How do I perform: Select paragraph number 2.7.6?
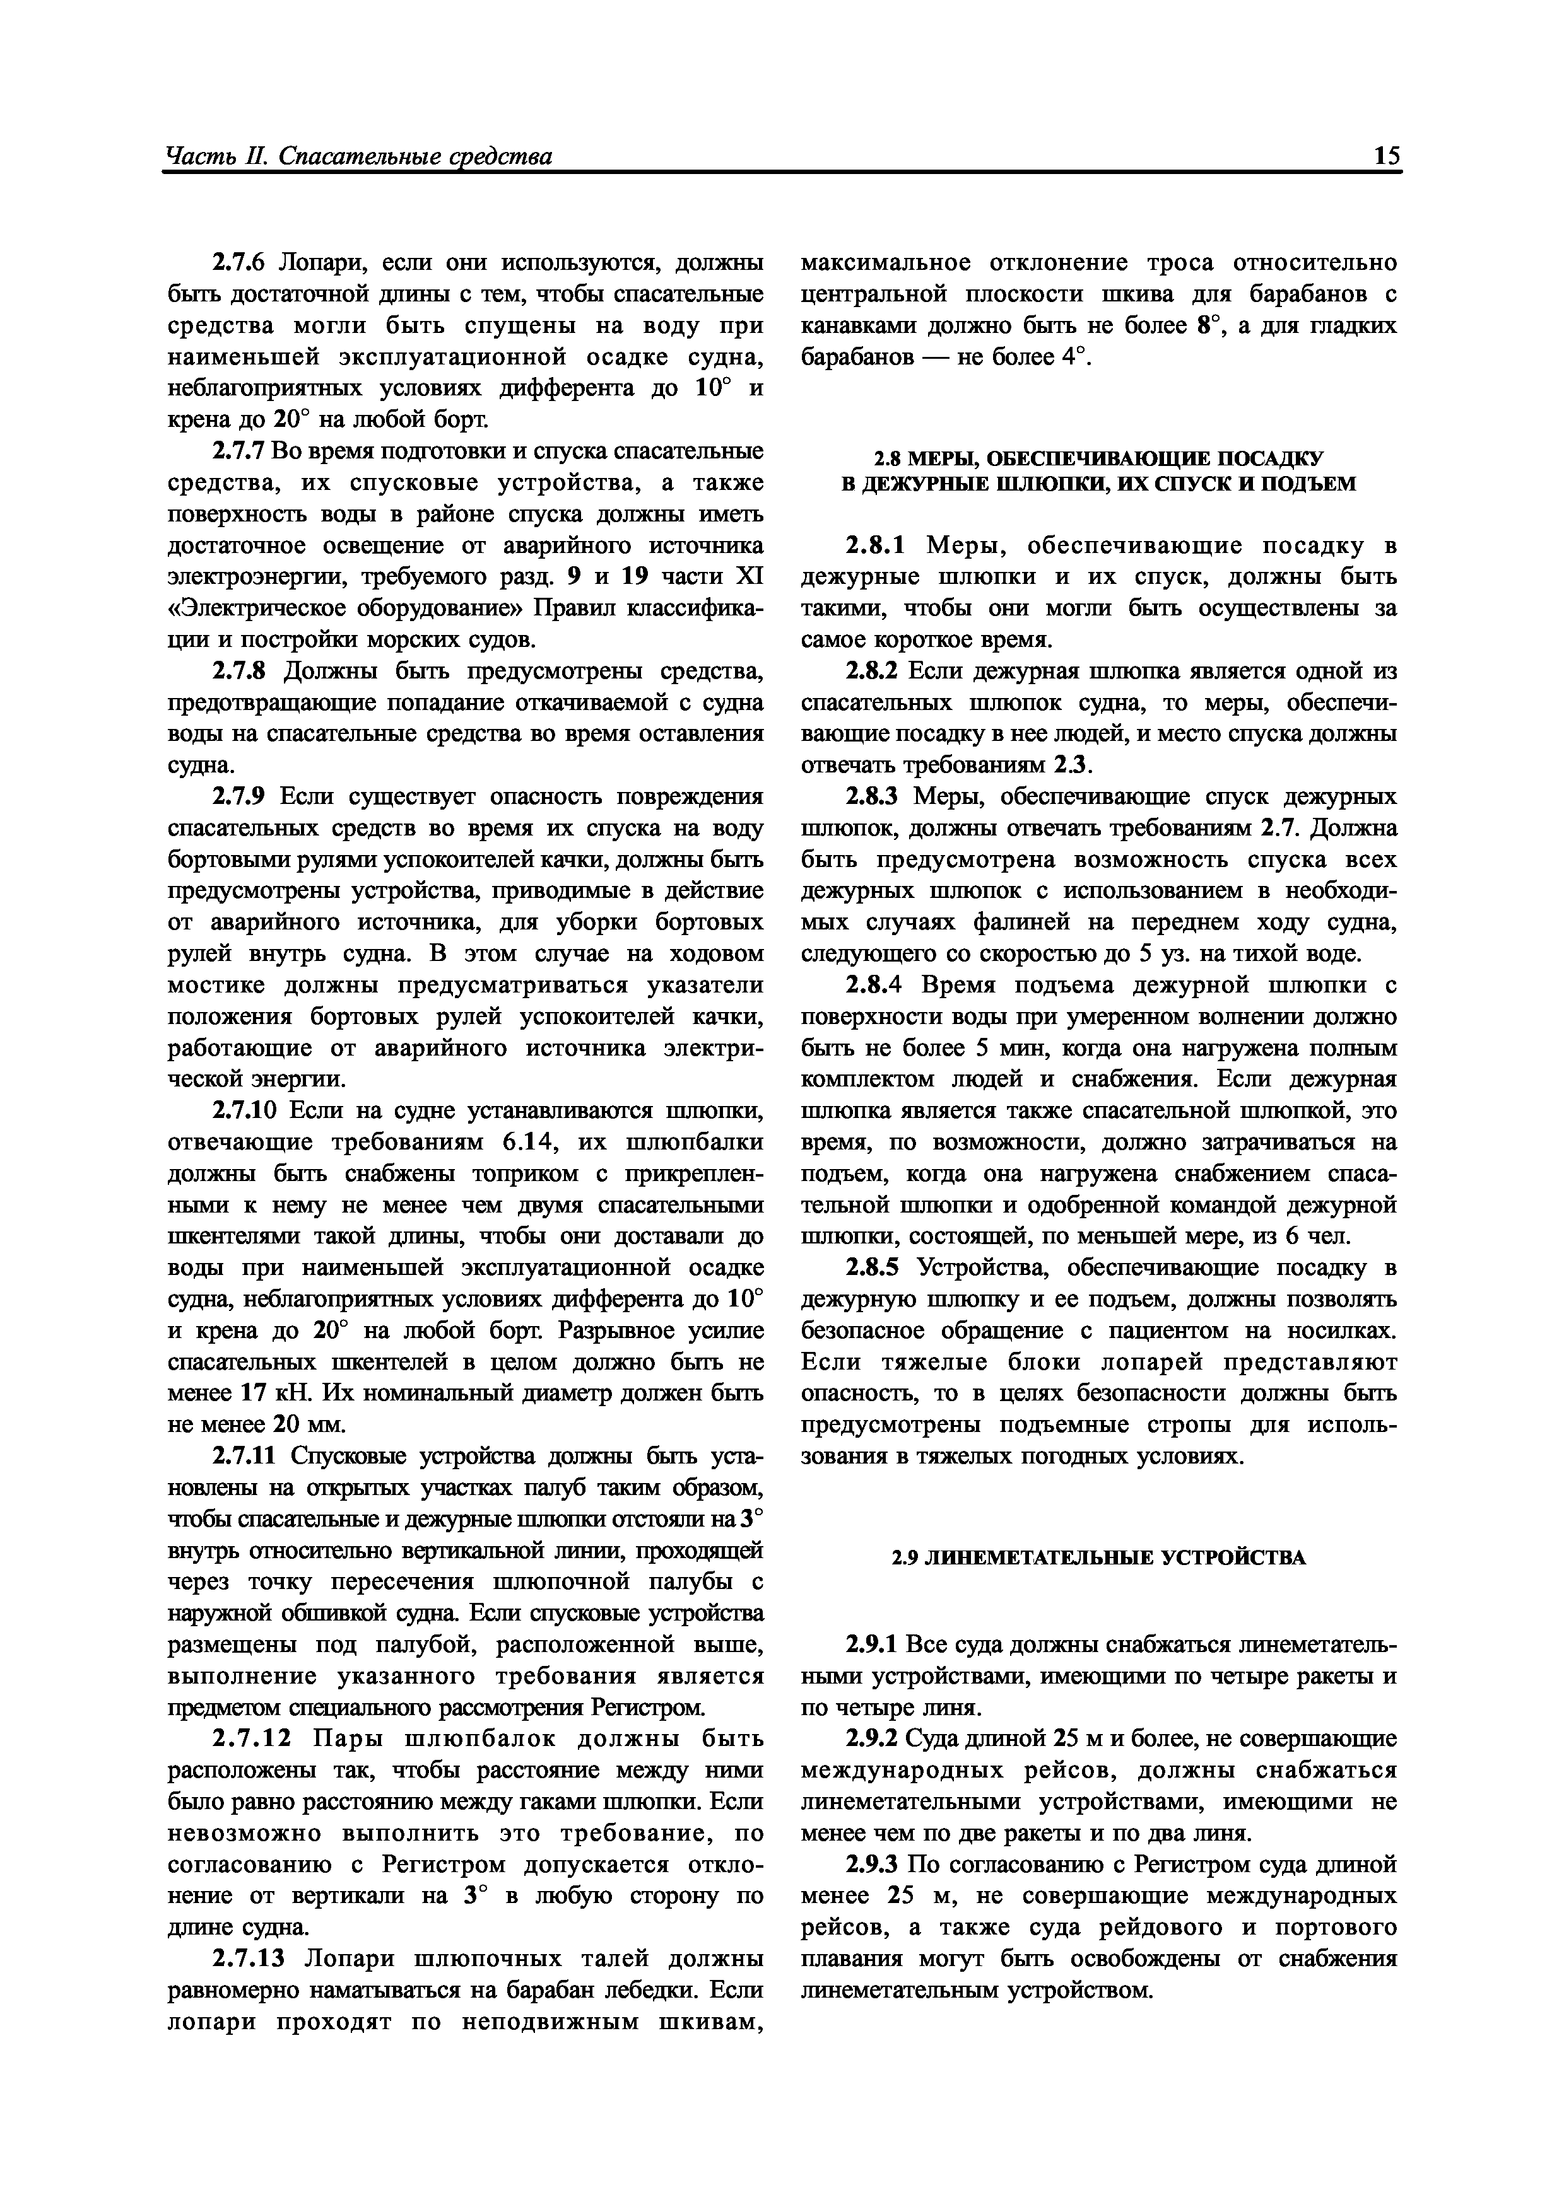click(x=241, y=263)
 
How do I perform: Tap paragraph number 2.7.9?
click(x=241, y=797)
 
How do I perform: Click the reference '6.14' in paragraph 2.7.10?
click(x=525, y=1143)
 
